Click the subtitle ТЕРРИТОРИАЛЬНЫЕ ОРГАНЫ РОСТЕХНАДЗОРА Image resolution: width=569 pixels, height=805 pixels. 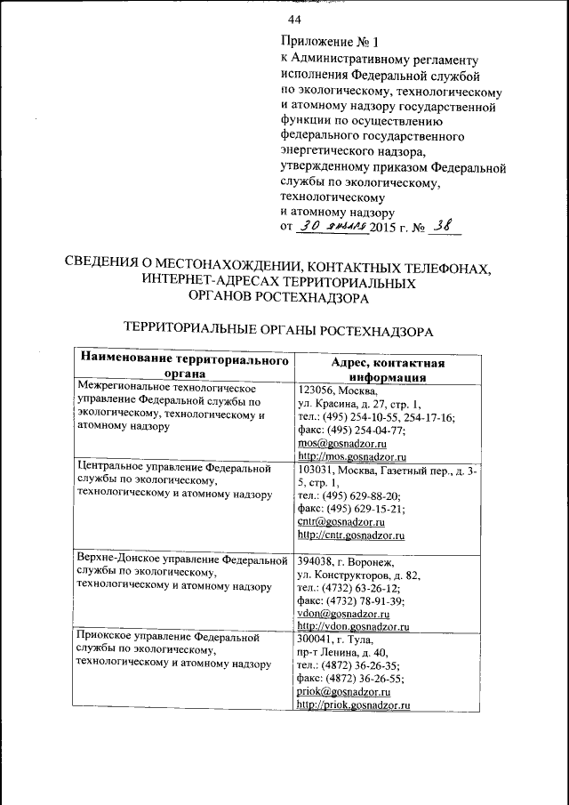point(278,330)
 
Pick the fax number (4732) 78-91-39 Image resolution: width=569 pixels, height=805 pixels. point(365,601)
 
